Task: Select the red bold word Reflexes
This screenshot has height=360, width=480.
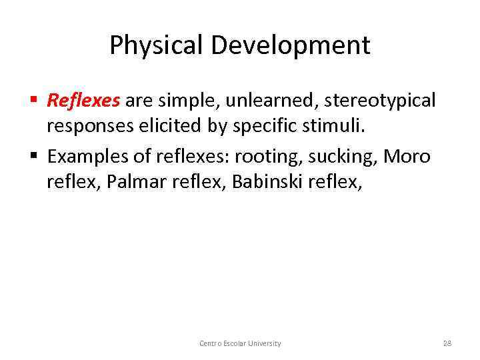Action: (83, 101)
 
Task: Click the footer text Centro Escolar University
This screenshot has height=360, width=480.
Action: (240, 343)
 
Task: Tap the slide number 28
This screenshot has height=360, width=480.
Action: (447, 343)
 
